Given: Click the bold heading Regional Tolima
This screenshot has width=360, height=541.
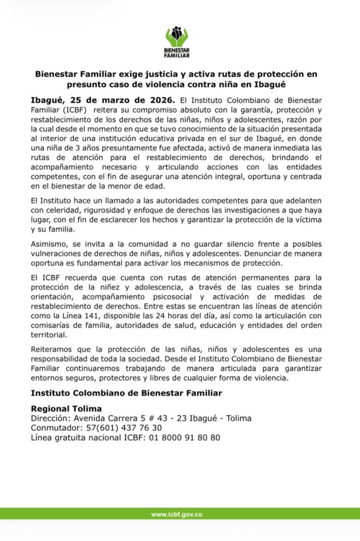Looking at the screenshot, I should [66, 409].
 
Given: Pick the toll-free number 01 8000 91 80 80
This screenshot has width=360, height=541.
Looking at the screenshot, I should [184, 437].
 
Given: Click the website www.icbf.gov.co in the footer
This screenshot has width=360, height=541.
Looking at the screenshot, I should [177, 514].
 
